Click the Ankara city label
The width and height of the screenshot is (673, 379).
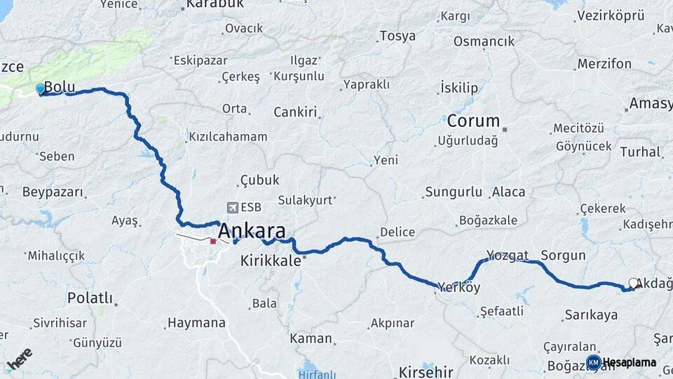[x=252, y=231]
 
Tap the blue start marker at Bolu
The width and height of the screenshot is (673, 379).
[x=41, y=89]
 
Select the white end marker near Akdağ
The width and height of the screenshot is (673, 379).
[x=634, y=284]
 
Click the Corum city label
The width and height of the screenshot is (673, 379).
[x=473, y=121]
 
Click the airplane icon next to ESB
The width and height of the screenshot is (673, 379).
[x=232, y=208]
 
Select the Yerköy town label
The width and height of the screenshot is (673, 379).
[x=459, y=287]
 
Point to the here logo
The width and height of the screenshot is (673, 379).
[x=19, y=360]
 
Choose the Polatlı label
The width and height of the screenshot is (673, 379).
[x=89, y=298]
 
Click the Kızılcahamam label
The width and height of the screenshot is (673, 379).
[x=228, y=137]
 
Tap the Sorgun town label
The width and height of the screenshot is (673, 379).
[x=563, y=255]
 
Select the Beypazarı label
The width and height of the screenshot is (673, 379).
[x=53, y=192]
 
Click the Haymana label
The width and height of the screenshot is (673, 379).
[x=196, y=324]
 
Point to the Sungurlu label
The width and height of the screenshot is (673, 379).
[x=454, y=192]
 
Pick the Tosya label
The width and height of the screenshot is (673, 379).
[x=397, y=36]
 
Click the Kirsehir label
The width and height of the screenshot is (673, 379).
[x=426, y=371]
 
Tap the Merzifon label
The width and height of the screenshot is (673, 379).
[x=604, y=64]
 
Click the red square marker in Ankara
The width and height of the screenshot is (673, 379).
[x=213, y=241]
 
